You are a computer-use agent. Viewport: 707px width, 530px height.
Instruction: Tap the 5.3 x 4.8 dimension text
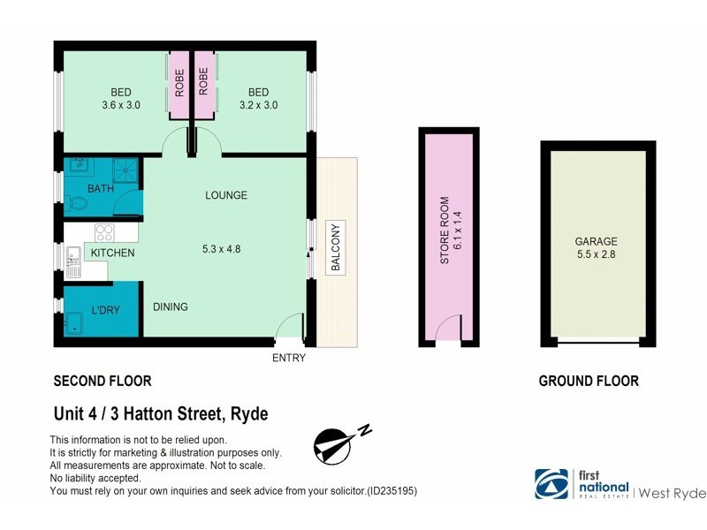[x=221, y=249]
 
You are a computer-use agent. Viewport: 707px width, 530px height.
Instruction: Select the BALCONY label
[x=336, y=249]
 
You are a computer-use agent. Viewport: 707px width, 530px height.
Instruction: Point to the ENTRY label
[x=290, y=358]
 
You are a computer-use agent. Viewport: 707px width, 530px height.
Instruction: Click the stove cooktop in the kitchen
[x=104, y=233]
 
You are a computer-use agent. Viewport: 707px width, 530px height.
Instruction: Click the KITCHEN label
[x=112, y=254]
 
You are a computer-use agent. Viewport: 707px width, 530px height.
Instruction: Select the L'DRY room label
[x=104, y=310]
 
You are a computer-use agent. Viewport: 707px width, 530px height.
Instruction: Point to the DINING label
[x=170, y=307]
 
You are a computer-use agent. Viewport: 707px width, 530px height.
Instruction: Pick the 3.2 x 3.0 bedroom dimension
[x=258, y=105]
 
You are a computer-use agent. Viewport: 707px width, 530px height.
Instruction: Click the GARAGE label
[x=596, y=241]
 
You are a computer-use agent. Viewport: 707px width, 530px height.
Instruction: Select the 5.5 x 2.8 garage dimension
[x=596, y=256]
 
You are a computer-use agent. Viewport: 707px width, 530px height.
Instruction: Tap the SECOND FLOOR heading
[x=103, y=382]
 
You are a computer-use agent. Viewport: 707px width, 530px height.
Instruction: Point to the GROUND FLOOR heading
[x=589, y=382]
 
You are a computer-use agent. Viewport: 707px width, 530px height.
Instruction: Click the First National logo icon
[x=551, y=484]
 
